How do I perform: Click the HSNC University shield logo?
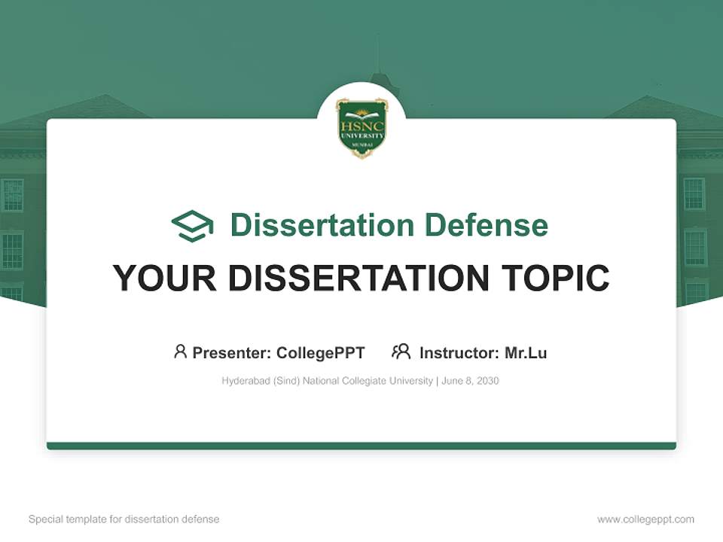[361, 127]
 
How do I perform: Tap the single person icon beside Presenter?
[180, 352]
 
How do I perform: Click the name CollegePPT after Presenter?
[321, 352]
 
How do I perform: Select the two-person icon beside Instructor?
[401, 352]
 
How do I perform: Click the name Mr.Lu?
[526, 352]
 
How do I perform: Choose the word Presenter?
[232, 352]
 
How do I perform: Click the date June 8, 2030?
[471, 381]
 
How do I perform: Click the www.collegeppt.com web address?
[645, 519]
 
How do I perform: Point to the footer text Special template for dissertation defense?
[124, 519]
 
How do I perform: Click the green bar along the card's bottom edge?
[361, 446]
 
